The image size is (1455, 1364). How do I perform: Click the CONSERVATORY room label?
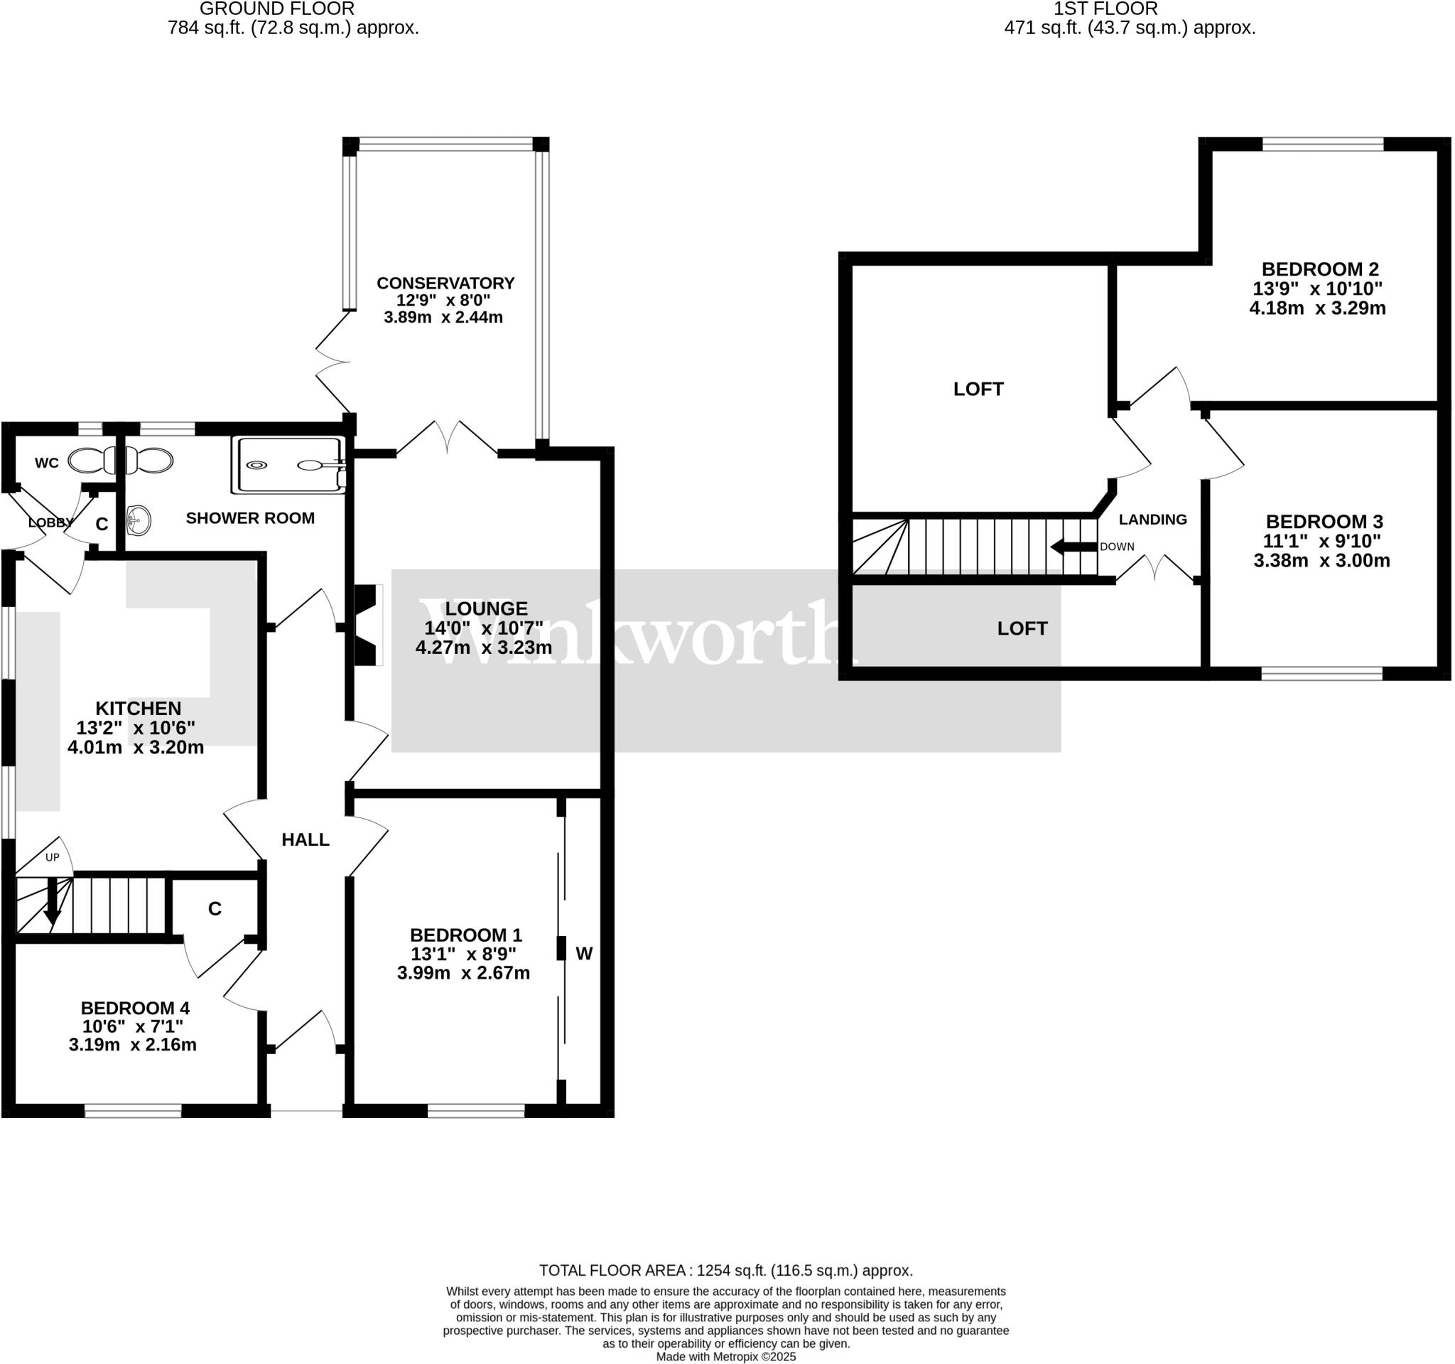tap(445, 284)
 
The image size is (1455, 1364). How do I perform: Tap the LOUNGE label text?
tap(486, 608)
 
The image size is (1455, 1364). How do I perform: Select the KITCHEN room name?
tap(139, 708)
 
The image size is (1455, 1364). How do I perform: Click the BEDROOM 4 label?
tap(135, 1008)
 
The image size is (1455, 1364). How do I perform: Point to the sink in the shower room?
tap(139, 520)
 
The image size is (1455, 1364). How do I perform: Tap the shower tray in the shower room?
tap(288, 465)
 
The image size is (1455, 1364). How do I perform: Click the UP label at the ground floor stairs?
tap(53, 857)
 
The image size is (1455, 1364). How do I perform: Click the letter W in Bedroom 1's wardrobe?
tap(584, 953)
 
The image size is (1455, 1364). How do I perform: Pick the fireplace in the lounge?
tap(368, 625)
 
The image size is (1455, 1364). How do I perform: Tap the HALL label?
tap(305, 839)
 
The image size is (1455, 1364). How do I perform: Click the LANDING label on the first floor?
tap(1153, 519)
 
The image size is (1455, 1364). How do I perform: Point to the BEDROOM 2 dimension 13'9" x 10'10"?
tap(1317, 289)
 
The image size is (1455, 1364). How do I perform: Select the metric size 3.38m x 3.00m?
tap(1322, 561)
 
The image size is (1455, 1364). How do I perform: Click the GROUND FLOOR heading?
tap(276, 9)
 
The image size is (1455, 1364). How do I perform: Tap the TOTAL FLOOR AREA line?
tap(726, 1270)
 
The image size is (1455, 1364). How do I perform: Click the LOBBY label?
tap(50, 522)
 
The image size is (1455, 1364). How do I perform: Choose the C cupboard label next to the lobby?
tap(102, 525)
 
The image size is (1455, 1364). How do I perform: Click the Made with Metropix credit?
tap(725, 1357)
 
